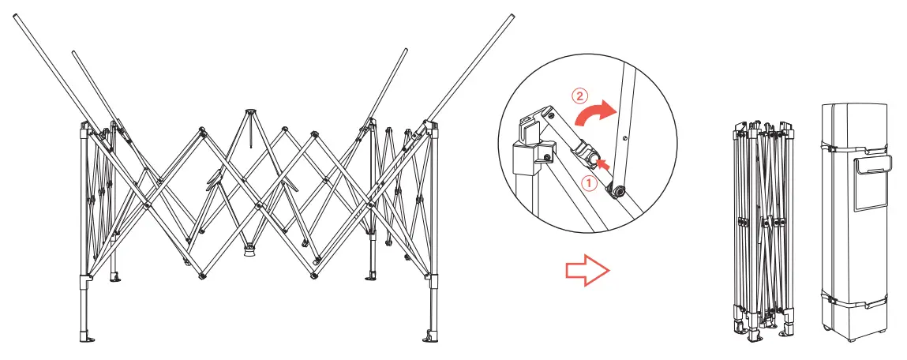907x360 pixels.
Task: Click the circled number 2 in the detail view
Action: (579, 97)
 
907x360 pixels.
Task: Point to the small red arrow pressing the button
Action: (605, 163)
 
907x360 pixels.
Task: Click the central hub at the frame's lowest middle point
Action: (249, 249)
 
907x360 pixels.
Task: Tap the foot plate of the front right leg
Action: (431, 338)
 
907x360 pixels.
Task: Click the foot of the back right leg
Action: (373, 276)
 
